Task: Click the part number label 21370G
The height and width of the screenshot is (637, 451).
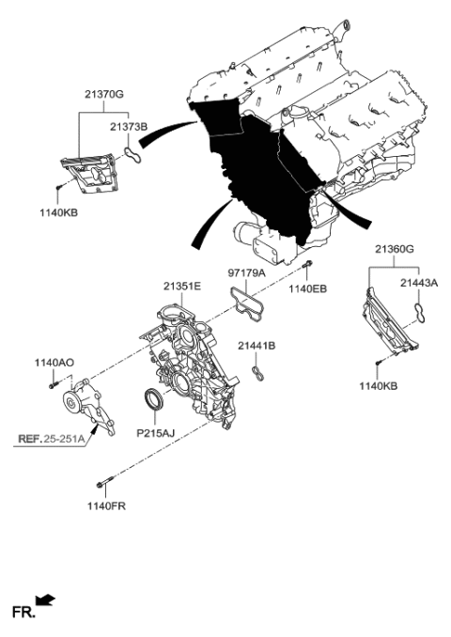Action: [104, 94]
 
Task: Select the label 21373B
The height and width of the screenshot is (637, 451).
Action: [129, 127]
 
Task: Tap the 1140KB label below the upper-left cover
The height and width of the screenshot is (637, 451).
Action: [58, 212]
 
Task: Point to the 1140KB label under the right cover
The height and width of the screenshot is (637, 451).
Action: [378, 386]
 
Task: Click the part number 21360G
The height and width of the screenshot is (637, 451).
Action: [394, 249]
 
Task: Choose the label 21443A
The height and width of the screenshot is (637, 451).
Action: [419, 283]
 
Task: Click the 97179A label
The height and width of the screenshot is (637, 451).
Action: [246, 273]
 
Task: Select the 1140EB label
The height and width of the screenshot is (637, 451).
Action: [307, 288]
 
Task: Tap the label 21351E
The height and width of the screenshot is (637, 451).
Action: [182, 287]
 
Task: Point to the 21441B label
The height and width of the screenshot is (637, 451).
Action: [257, 346]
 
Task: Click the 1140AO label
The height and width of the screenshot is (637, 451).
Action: [54, 363]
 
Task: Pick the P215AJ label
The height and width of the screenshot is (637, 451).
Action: [155, 433]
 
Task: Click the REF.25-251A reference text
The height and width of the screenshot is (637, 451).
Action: [51, 439]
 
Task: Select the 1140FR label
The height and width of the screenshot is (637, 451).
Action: [106, 506]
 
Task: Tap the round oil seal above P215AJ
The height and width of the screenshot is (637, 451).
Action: [154, 399]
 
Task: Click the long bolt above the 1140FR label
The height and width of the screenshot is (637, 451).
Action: [105, 482]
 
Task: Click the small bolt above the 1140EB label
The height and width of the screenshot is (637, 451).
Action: [307, 264]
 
